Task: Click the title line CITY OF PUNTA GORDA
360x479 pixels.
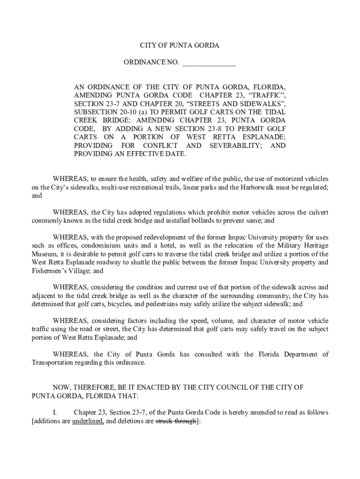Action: [x=180, y=46]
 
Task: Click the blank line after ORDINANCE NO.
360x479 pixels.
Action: [x=209, y=63]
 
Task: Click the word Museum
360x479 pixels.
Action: [x=45, y=254]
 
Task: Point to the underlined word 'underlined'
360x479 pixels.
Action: [x=85, y=421]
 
